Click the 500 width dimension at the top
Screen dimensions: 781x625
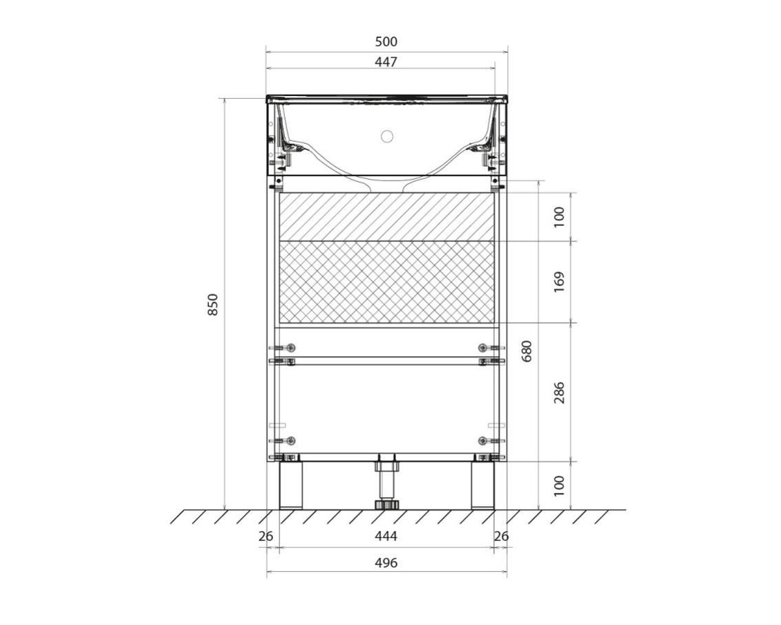click(x=386, y=41)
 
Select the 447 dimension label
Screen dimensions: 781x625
click(x=386, y=62)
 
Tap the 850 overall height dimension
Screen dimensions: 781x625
click(x=213, y=304)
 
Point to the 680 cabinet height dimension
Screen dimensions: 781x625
click(x=527, y=351)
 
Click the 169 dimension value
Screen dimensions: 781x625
click(x=559, y=282)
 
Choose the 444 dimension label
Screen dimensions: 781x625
click(x=386, y=536)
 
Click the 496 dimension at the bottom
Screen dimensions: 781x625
click(x=386, y=563)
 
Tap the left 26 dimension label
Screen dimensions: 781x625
click(x=266, y=536)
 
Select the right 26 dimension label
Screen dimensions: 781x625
click(x=501, y=536)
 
